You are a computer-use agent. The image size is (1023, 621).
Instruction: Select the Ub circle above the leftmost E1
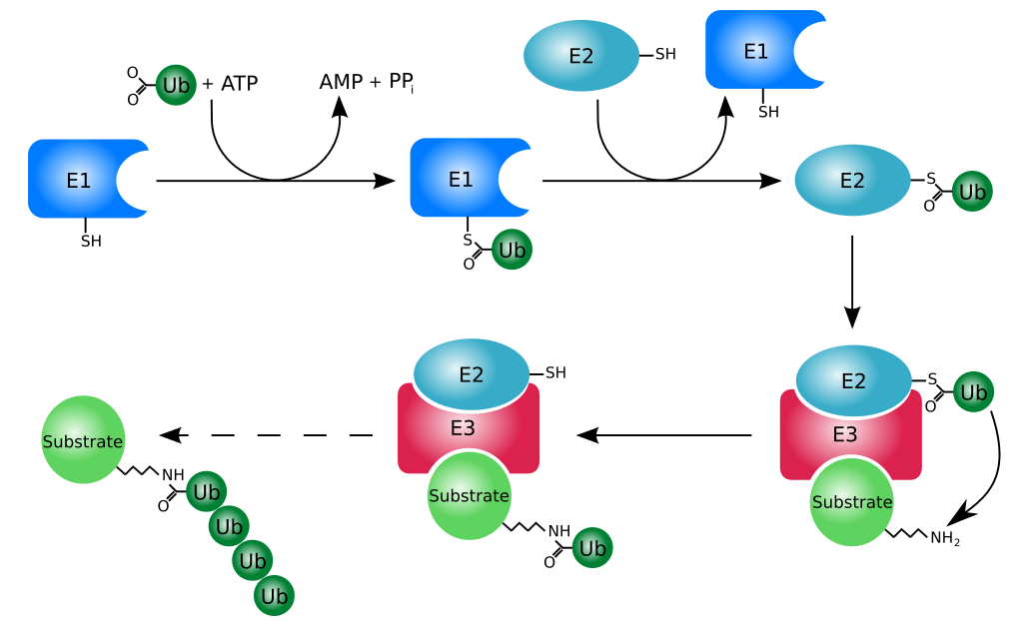coord(176,86)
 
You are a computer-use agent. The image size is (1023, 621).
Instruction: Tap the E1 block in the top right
coord(756,51)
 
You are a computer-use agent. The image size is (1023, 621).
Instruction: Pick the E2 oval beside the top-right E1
coord(581,56)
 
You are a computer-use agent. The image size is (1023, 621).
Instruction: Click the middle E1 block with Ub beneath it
coord(461,179)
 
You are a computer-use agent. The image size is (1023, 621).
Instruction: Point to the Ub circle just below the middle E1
coord(511,250)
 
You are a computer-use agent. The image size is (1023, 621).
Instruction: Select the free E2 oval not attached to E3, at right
coord(852,181)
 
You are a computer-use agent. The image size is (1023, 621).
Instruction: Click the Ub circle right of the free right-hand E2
coord(972,191)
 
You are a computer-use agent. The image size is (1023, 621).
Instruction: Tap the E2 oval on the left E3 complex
coord(472,374)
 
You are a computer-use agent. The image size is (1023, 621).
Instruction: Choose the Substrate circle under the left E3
coord(469,496)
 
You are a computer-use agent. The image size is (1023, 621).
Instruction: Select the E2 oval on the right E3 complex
coord(853,380)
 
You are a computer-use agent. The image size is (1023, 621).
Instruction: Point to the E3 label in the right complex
coord(845,434)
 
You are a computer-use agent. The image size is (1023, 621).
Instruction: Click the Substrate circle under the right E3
coord(851,502)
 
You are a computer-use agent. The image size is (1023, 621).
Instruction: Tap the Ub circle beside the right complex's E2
coord(973,392)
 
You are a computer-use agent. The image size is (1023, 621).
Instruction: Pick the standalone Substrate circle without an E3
coord(83,440)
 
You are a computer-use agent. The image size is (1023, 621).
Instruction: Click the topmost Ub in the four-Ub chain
coord(206,491)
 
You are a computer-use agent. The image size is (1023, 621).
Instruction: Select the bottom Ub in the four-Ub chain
coord(274,596)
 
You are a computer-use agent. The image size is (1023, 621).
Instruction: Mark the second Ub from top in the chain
coord(229,526)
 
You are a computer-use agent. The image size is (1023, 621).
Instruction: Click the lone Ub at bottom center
coord(592,548)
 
